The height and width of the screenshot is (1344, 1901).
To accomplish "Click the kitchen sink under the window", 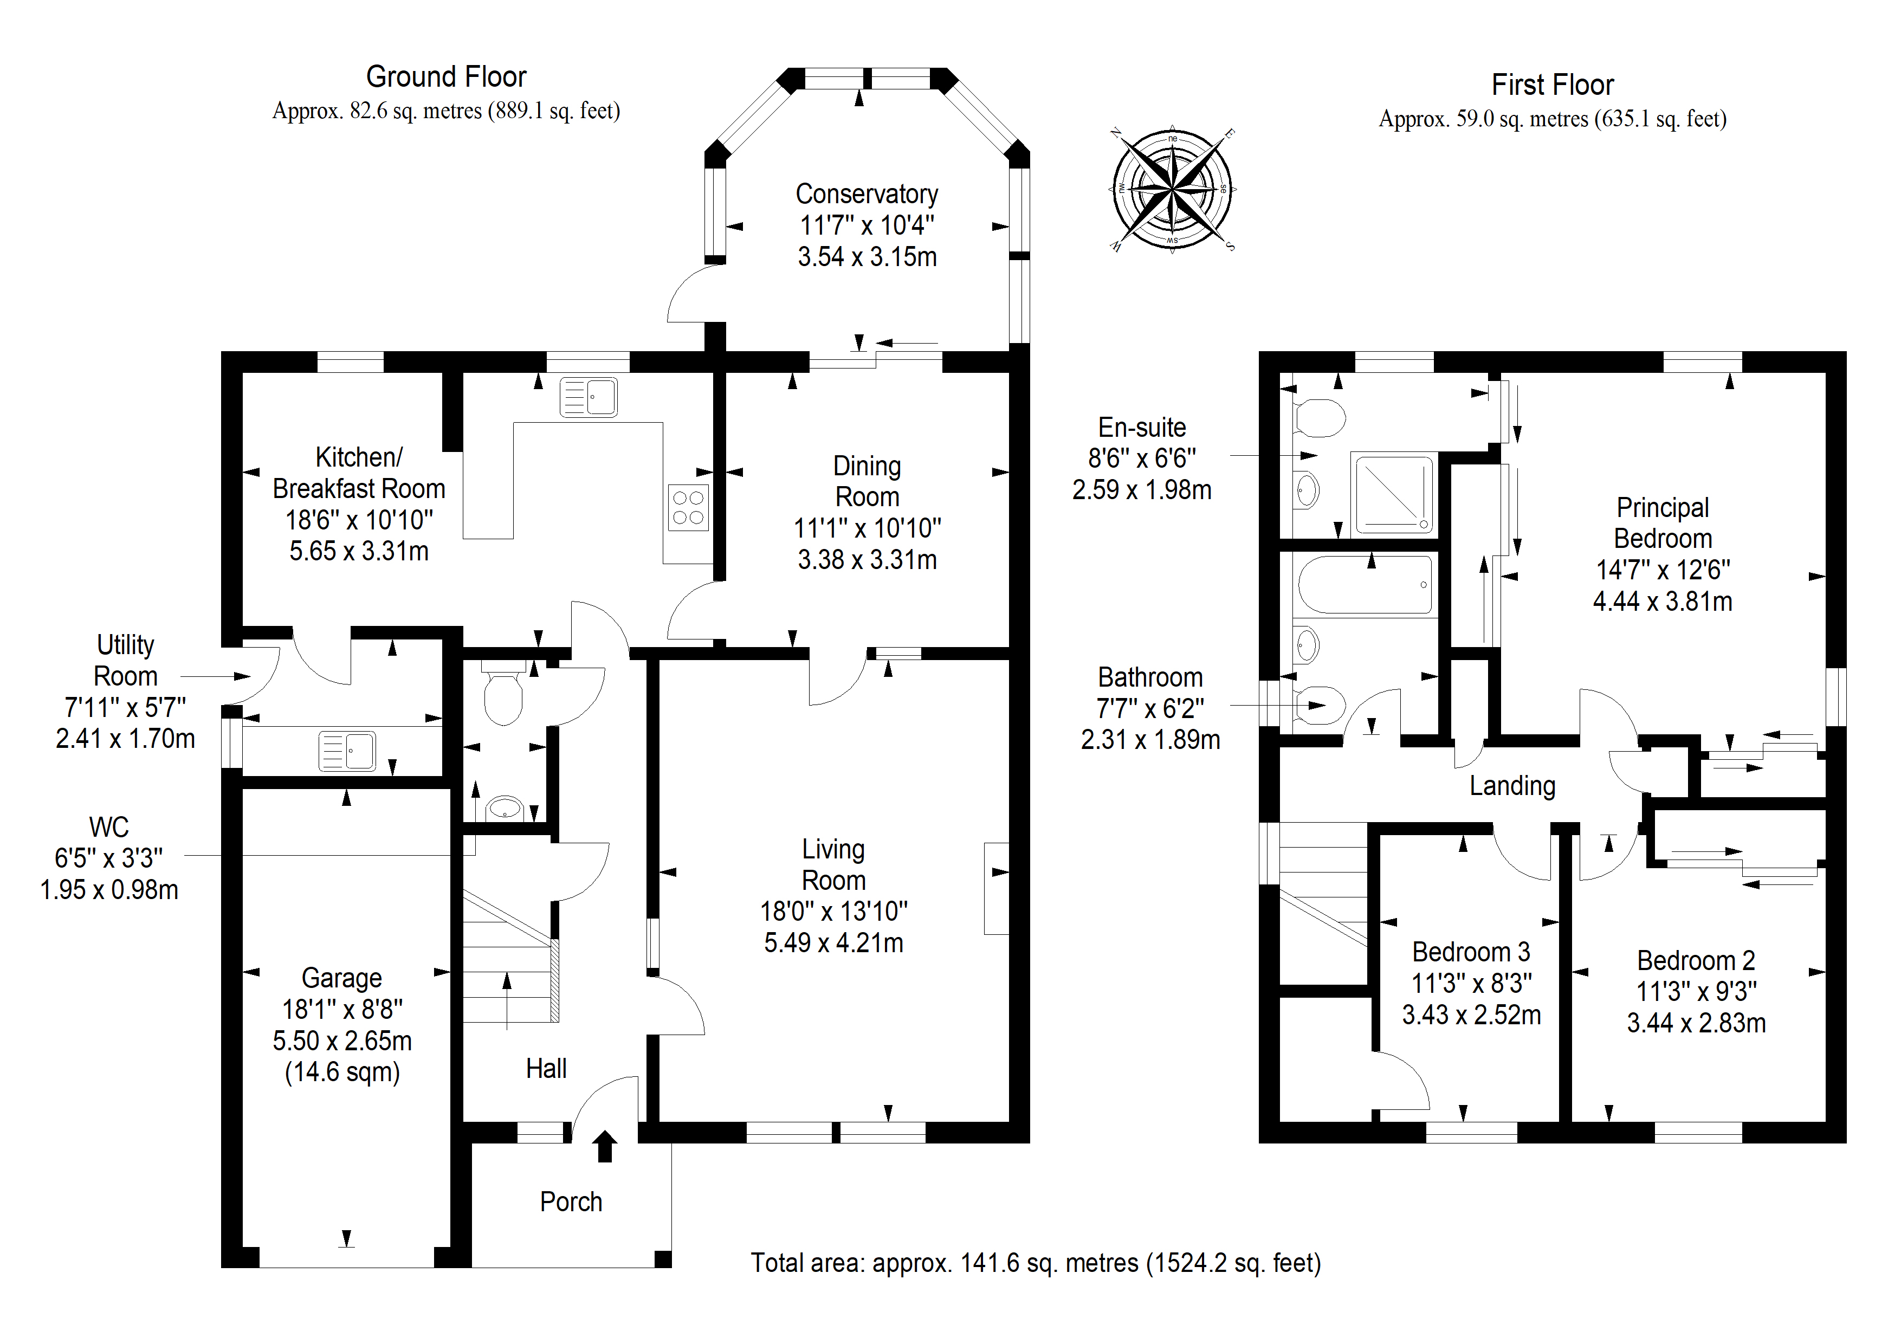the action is pyautogui.click(x=589, y=397).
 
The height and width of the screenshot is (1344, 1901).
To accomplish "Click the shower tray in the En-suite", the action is pyautogui.click(x=1393, y=494).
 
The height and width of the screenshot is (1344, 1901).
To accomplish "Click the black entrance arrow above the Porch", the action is pyautogui.click(x=605, y=1146).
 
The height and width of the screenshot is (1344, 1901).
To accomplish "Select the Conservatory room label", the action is pyautogui.click(x=867, y=194).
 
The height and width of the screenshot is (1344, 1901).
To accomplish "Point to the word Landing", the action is pyautogui.click(x=1512, y=786).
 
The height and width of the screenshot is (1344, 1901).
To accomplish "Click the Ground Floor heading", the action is pyautogui.click(x=447, y=77).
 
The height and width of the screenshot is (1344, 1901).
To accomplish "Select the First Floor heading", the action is pyautogui.click(x=1553, y=85).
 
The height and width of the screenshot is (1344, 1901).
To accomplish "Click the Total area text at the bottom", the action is pyautogui.click(x=1036, y=1263).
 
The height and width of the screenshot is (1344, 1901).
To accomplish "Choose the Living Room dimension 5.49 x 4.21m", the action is pyautogui.click(x=834, y=942).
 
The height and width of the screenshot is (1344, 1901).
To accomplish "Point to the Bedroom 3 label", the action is pyautogui.click(x=1471, y=952).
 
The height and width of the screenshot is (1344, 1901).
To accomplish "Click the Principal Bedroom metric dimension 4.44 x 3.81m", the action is pyautogui.click(x=1663, y=601).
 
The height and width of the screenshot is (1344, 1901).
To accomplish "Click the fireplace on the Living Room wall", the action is pyautogui.click(x=996, y=889).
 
